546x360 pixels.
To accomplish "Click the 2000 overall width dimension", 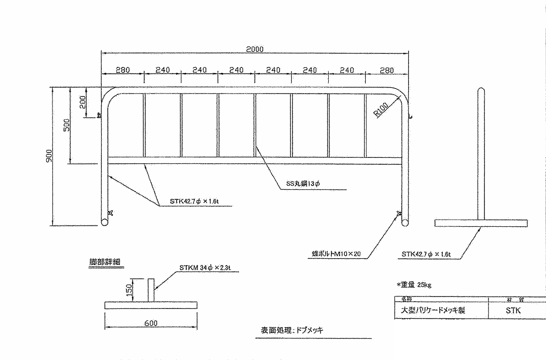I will tap(255, 49).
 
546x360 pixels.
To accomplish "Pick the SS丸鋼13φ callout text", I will tap(303, 184).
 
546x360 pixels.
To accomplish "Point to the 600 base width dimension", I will tap(151, 323).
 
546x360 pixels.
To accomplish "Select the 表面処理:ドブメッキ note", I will tap(292, 330).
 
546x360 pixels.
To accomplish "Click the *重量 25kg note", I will tap(414, 285).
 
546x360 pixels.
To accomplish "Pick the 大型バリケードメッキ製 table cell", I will tap(433, 310).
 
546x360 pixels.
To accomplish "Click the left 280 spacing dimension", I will tap(122, 70).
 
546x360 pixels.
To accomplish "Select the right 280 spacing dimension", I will tap(386, 70).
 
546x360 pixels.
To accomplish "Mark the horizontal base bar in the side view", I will tap(481, 223).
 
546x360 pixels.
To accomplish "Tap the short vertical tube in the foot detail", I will tap(151, 289).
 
